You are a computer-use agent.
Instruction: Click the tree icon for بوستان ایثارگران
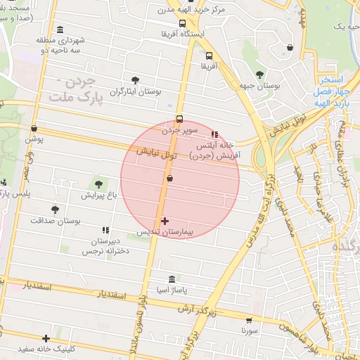(136, 80)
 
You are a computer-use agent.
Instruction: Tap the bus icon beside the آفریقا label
(209, 56)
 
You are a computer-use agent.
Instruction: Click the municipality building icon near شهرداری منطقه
(60, 30)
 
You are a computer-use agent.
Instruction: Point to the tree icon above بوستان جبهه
(259, 73)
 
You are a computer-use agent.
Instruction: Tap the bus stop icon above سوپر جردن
(179, 119)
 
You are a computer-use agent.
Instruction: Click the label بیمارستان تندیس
(165, 231)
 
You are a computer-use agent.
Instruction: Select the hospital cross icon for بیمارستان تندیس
(165, 221)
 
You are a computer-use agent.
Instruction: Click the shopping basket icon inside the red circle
(170, 179)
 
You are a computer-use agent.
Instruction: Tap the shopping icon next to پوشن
(34, 128)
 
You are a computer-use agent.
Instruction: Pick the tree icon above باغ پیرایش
(97, 184)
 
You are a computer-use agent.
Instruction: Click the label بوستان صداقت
(56, 220)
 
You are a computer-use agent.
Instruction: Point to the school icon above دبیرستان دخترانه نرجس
(105, 230)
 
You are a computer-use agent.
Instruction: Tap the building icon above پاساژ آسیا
(172, 279)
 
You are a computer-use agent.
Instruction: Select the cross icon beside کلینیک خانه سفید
(46, 338)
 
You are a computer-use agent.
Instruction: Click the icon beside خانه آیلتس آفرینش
(214, 134)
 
